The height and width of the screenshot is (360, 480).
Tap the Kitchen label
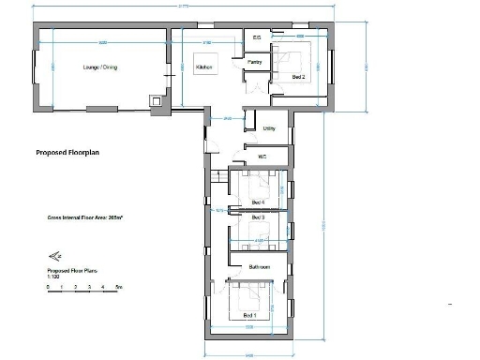click(203, 67)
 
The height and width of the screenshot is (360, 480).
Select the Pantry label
click(254, 62)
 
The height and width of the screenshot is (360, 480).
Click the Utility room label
click(269, 127)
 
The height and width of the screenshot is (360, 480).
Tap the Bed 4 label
click(258, 202)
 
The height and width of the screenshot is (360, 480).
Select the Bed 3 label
click(258, 217)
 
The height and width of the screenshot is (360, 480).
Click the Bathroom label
click(260, 267)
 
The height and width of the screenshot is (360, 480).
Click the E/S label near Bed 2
click(258, 37)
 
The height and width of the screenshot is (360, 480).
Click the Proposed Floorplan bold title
click(67, 151)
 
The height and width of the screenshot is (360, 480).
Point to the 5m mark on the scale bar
click(119, 286)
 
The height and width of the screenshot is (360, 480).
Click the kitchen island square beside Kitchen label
click(222, 67)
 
